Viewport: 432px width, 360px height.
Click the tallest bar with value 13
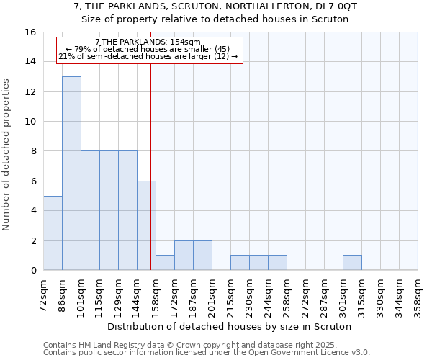[71, 173]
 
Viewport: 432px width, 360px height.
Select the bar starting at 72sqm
[53, 233]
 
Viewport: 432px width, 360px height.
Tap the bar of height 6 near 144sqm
[146, 225]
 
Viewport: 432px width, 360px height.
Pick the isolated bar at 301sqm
[352, 263]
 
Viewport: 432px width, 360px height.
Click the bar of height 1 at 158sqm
[165, 263]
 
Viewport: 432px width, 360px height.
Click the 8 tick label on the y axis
[33, 151]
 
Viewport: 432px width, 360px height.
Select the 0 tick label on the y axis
[33, 271]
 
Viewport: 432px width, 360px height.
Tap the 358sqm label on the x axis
[418, 296]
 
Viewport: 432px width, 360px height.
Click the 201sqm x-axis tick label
[212, 296]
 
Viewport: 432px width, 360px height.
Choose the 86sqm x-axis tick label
[63, 294]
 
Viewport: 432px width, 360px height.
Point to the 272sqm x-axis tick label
[306, 296]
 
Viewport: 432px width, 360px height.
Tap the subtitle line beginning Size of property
[215, 19]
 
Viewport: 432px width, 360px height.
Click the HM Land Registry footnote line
[206, 346]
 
